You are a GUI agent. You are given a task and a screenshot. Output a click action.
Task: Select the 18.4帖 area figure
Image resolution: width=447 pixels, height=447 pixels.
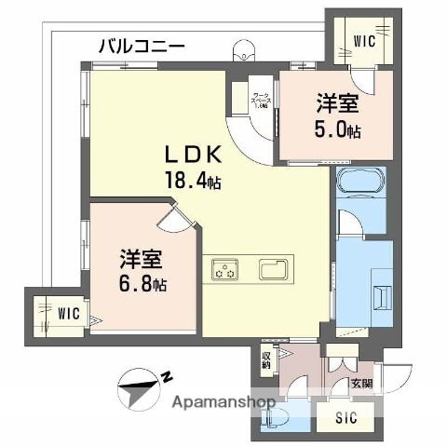pyautogui.click(x=194, y=181)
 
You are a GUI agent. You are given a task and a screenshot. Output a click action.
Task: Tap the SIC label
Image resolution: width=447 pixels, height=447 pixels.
pyautogui.click(x=346, y=418)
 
